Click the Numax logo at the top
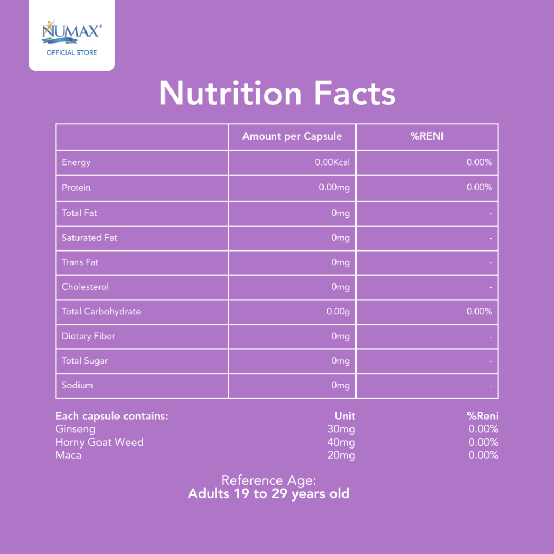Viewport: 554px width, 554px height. point(72,32)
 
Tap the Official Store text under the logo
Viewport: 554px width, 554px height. point(72,52)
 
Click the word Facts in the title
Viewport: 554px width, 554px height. point(354,93)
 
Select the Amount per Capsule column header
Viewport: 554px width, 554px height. point(292,136)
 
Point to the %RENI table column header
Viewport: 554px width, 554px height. point(427,136)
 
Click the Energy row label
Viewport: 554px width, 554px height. point(76,162)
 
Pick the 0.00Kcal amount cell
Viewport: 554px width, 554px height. point(333,162)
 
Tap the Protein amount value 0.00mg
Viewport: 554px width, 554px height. point(334,188)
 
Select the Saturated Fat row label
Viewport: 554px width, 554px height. point(89,238)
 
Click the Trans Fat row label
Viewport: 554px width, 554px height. point(80,262)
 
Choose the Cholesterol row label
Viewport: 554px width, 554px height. point(85,287)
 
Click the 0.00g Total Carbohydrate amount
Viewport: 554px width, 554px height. point(338,312)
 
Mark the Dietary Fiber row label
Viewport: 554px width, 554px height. point(88,337)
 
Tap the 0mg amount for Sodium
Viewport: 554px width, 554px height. point(341,385)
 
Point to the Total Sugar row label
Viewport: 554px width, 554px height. point(85,361)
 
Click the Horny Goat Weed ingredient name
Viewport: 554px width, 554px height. point(100,443)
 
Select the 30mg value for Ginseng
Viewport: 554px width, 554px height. point(341,429)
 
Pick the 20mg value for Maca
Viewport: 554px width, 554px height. point(341,456)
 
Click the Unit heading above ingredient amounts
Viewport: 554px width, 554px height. point(345,416)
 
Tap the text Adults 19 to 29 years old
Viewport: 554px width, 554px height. point(269,494)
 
